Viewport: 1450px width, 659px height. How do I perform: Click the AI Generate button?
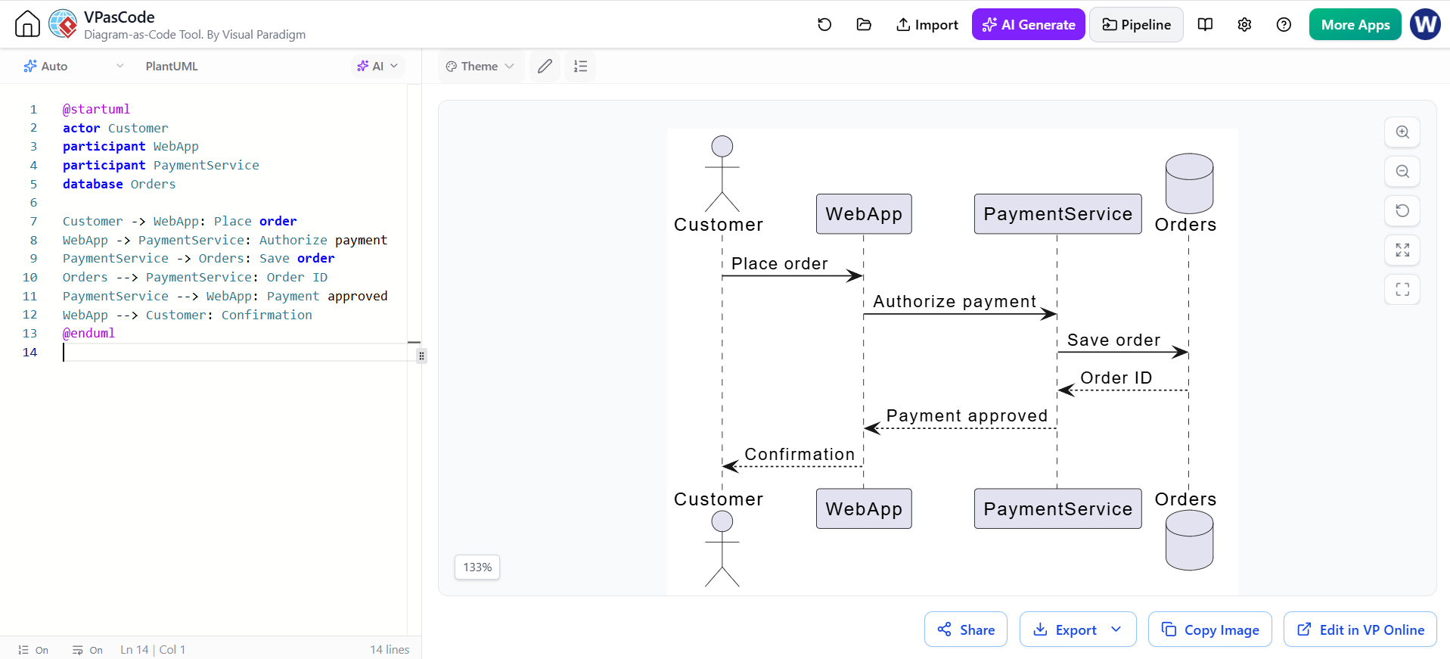click(1028, 25)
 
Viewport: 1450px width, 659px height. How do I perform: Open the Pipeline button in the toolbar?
click(1136, 25)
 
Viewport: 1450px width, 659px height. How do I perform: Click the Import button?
click(927, 25)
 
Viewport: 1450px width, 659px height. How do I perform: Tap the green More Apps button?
click(1355, 25)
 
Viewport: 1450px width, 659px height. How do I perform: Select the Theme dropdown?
click(480, 67)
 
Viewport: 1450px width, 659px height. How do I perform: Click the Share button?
click(966, 629)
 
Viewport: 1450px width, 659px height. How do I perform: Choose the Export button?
click(1078, 629)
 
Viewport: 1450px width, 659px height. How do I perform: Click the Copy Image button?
click(1210, 629)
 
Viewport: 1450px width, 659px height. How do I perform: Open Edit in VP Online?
click(1360, 629)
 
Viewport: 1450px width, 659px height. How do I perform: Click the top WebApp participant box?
click(864, 214)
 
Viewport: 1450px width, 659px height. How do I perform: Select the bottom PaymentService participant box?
click(1057, 508)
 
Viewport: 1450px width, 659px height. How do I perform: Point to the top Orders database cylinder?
click(1189, 184)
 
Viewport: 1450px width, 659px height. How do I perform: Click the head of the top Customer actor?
click(722, 146)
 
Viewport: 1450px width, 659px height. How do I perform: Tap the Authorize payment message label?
click(955, 302)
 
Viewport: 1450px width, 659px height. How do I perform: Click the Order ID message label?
click(1116, 378)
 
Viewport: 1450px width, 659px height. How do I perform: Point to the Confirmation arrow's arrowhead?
click(729, 466)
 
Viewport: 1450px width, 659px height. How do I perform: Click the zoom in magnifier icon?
click(1402, 132)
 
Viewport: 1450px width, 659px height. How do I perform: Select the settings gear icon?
click(1244, 25)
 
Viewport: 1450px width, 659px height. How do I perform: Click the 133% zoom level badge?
click(477, 567)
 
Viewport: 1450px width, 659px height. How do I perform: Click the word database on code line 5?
click(92, 184)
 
